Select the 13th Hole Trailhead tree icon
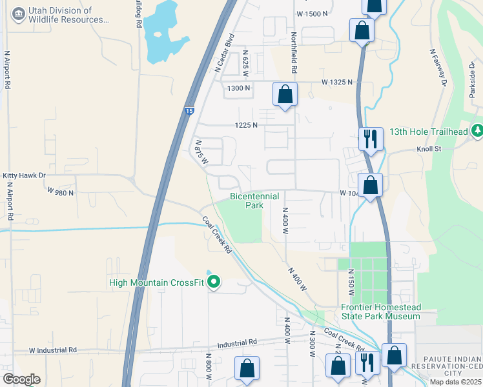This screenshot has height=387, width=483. (x=477, y=131)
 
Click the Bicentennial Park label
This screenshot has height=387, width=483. (x=254, y=201)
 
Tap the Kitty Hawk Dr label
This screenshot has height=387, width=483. (x=25, y=175)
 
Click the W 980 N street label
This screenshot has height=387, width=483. (x=61, y=192)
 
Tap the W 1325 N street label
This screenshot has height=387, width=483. (x=338, y=82)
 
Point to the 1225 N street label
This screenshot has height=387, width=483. (x=245, y=125)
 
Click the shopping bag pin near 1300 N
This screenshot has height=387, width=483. (x=285, y=95)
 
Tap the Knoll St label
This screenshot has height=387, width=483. (x=427, y=149)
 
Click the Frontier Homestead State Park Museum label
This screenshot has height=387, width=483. (x=380, y=312)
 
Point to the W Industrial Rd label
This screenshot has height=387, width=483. (x=53, y=350)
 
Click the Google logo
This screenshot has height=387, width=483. (x=21, y=379)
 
